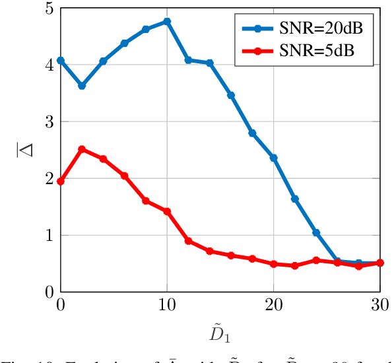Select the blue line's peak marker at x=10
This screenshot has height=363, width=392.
coord(167,22)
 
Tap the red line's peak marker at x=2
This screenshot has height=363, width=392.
coord(82,149)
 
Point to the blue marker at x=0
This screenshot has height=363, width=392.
coord(61,61)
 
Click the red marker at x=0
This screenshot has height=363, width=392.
coord(61,181)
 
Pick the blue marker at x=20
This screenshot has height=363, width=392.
coord(274,158)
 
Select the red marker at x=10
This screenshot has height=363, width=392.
coord(167,211)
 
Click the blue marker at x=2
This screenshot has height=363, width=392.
coord(82,86)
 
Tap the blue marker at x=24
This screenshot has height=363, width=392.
coord(317,233)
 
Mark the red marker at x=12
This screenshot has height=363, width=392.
coord(189,241)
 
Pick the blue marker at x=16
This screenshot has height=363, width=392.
coord(231,96)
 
